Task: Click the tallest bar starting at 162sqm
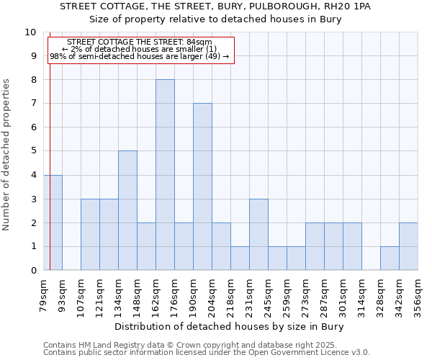pyautogui.click(x=165, y=175)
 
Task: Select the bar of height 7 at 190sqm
pyautogui.click(x=202, y=186)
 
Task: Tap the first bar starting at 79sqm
pyautogui.click(x=53, y=222)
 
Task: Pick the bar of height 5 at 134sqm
pyautogui.click(x=127, y=210)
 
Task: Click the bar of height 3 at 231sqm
pyautogui.click(x=258, y=234)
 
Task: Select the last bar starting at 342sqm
pyautogui.click(x=408, y=246)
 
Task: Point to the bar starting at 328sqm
pyautogui.click(x=390, y=258)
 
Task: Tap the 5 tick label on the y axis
pyautogui.click(x=33, y=151)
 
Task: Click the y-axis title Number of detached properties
pyautogui.click(x=7, y=155)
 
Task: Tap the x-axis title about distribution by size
pyautogui.click(x=229, y=326)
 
